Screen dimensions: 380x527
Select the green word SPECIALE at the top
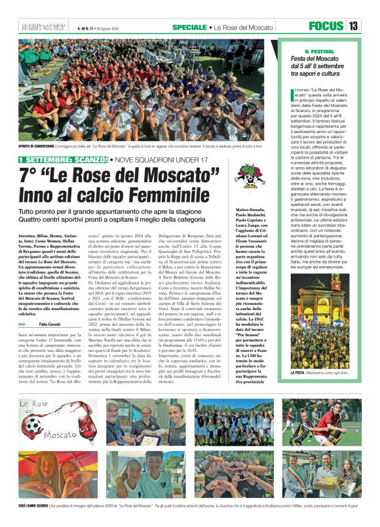coord(189,27)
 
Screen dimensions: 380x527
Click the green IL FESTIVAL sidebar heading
coord(319,51)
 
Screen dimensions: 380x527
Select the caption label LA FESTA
coord(300,372)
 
